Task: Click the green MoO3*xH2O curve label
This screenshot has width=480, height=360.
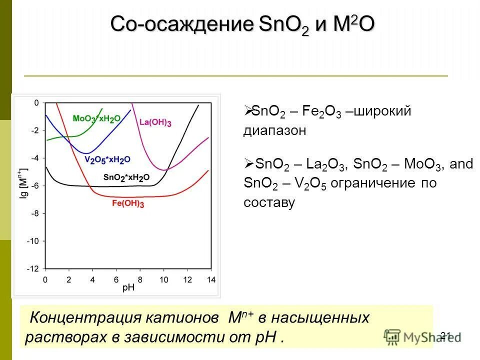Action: pyautogui.click(x=96, y=118)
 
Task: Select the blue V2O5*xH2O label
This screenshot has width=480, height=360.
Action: pyautogui.click(x=107, y=159)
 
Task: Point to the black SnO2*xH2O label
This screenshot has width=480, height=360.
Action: pyautogui.click(x=126, y=177)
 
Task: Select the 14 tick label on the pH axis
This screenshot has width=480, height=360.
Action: pyautogui.click(x=210, y=279)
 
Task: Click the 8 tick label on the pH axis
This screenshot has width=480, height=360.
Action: pyautogui.click(x=140, y=279)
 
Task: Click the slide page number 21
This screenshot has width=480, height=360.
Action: pyautogui.click(x=446, y=335)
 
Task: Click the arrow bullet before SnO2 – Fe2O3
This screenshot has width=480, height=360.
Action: pyautogui.click(x=248, y=111)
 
